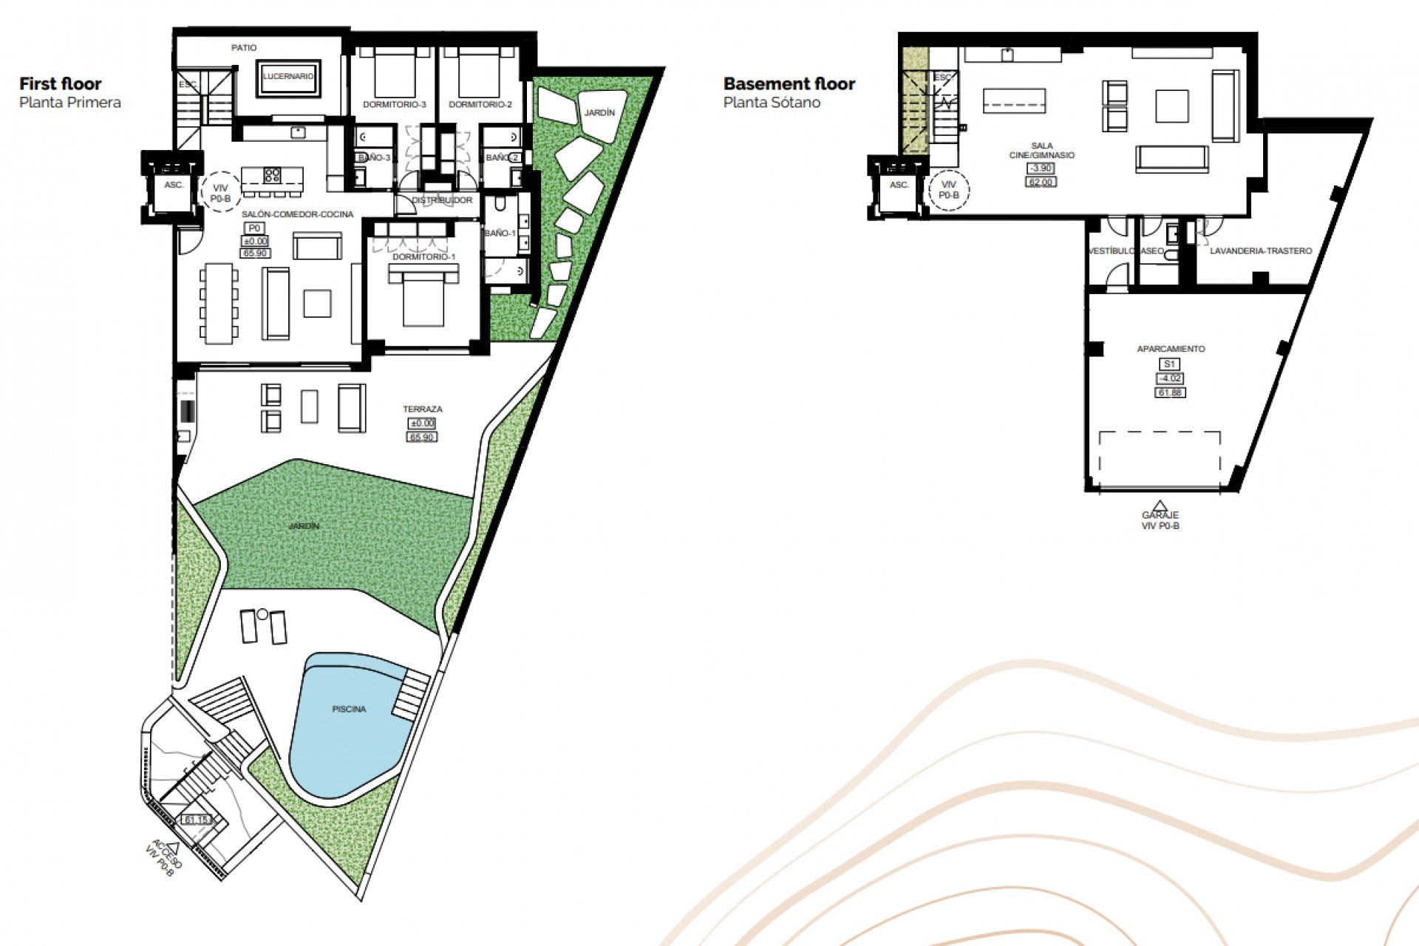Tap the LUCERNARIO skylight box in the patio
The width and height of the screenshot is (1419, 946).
pos(288,76)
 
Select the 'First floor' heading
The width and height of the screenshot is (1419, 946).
pos(61,84)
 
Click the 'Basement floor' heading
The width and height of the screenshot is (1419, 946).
pos(789,84)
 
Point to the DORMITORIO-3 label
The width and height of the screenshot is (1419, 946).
pos(394,105)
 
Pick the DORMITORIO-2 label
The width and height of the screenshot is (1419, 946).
pos(480,105)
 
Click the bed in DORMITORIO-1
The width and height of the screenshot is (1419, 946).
pos(423,296)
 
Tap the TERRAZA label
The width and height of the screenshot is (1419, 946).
pos(422,409)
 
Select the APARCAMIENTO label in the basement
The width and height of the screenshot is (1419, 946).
pos(1170,349)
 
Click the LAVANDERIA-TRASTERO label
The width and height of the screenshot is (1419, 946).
pos(1260,251)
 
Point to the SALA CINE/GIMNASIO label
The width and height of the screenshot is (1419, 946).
pos(1041,151)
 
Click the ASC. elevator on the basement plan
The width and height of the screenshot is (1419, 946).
pos(899,186)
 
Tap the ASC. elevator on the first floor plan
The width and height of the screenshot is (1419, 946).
pos(174,186)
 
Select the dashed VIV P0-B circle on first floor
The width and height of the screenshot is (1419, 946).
pos(220,193)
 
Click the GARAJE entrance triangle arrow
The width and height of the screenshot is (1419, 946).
pos(1160,506)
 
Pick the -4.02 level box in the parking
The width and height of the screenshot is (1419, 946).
pos(1169,378)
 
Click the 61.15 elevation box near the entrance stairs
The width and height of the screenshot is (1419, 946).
pos(197,820)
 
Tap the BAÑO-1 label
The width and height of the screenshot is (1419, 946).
pos(499,234)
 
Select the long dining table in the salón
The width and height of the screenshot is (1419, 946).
pos(220,303)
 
